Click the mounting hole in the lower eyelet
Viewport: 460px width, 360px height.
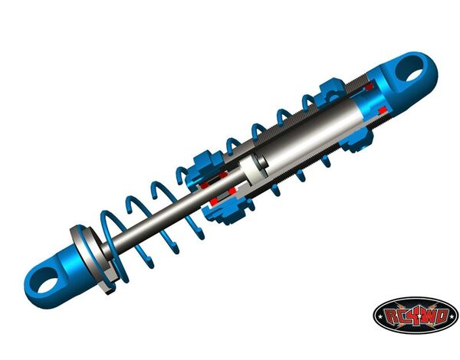[x=47, y=280]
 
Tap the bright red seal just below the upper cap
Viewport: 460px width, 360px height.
[x=382, y=111]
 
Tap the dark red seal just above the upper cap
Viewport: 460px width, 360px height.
[x=369, y=87]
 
